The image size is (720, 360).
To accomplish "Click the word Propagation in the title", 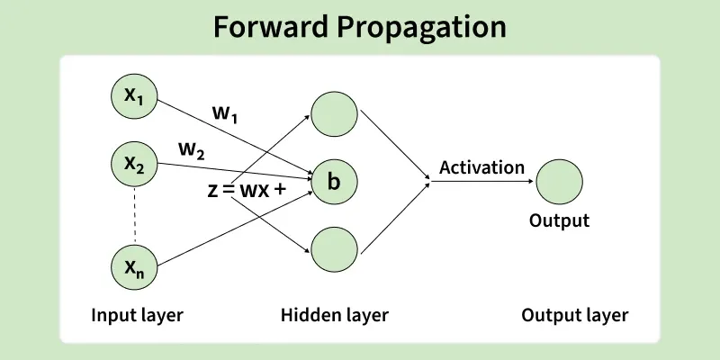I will (x=422, y=27).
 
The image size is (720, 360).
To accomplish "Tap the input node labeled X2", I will (x=133, y=164).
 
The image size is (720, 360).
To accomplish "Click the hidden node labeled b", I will (x=333, y=182).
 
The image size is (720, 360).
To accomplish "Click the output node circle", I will (x=559, y=182).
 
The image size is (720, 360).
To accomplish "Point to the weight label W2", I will (x=190, y=151).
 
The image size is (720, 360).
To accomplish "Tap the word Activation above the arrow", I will (x=481, y=167).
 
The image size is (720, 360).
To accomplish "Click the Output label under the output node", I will (x=559, y=220).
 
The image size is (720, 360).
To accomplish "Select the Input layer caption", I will (x=137, y=315).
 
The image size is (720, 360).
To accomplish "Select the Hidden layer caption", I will (x=335, y=315).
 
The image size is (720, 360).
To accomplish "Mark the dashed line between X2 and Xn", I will (x=134, y=214).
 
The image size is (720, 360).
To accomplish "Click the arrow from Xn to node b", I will (x=234, y=227).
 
